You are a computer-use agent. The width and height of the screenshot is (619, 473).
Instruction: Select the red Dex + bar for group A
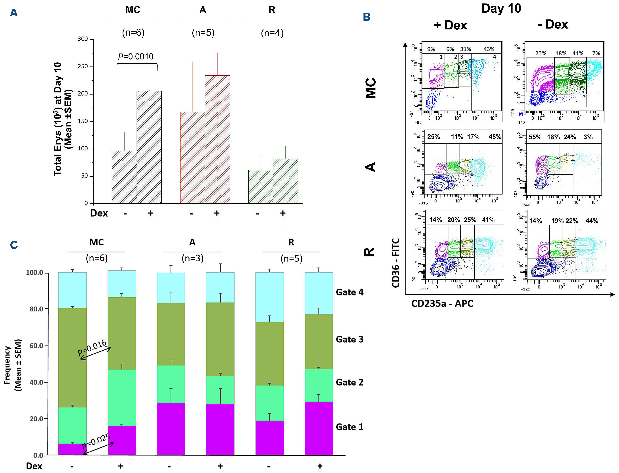point(217,139)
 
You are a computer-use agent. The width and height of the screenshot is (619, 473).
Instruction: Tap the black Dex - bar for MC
point(124,177)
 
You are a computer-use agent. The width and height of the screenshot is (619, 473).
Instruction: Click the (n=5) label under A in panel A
point(203,33)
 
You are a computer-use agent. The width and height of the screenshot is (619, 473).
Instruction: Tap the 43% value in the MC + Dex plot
point(489,49)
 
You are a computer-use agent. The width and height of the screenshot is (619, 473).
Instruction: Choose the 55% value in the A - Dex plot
point(535,137)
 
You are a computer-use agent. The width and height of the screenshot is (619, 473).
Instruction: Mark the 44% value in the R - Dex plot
point(592,221)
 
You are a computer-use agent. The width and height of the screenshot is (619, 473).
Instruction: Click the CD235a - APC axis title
point(442,304)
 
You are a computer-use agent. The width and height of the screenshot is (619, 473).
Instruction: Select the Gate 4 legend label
point(350,292)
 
